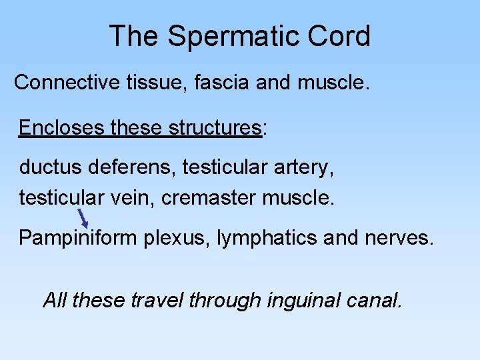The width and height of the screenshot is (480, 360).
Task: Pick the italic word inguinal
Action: pos(303,301)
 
